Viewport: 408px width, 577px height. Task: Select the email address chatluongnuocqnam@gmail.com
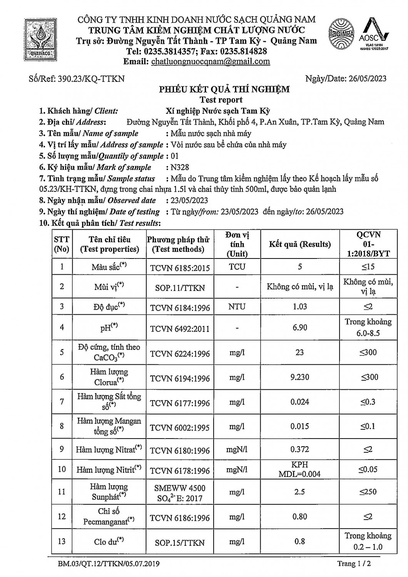(211, 62)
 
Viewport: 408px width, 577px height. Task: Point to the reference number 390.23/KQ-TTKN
(91, 79)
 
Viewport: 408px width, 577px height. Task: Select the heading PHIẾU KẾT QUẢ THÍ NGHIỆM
(224, 90)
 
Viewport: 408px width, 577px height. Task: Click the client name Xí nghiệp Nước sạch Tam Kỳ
(218, 111)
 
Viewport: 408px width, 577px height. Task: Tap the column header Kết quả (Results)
(299, 244)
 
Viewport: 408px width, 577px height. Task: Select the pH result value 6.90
(299, 327)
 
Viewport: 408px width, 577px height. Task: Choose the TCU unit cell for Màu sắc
(237, 267)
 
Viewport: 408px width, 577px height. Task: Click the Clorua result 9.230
(299, 377)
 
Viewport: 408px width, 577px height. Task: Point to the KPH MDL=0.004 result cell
(299, 469)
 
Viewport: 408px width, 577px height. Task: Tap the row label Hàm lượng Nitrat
(109, 449)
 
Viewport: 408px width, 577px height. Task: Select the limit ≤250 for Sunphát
(368, 492)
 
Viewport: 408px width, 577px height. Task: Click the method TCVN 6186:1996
(180, 518)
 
